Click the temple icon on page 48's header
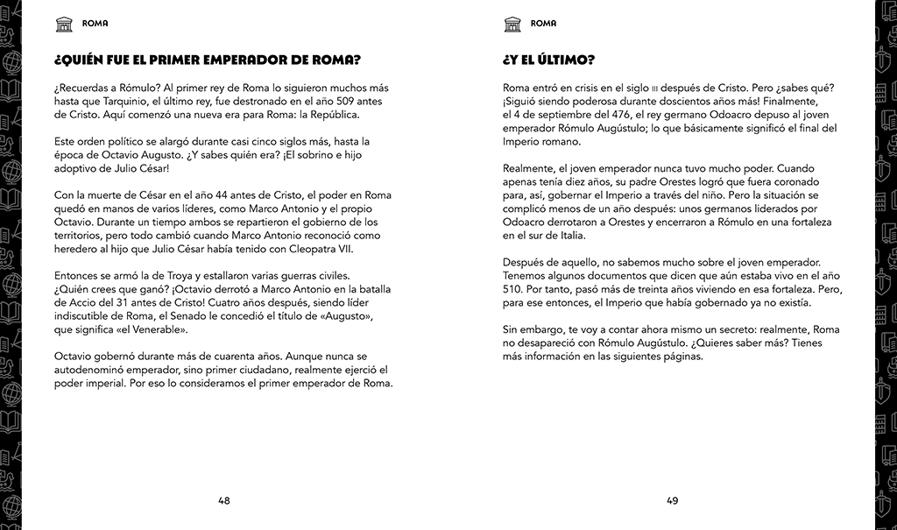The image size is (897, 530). (x=64, y=24)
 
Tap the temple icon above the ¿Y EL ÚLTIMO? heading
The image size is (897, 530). (x=513, y=24)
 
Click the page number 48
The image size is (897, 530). (x=224, y=501)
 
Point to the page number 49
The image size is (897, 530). (x=673, y=501)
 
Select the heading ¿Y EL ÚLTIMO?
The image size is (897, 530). (x=548, y=60)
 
